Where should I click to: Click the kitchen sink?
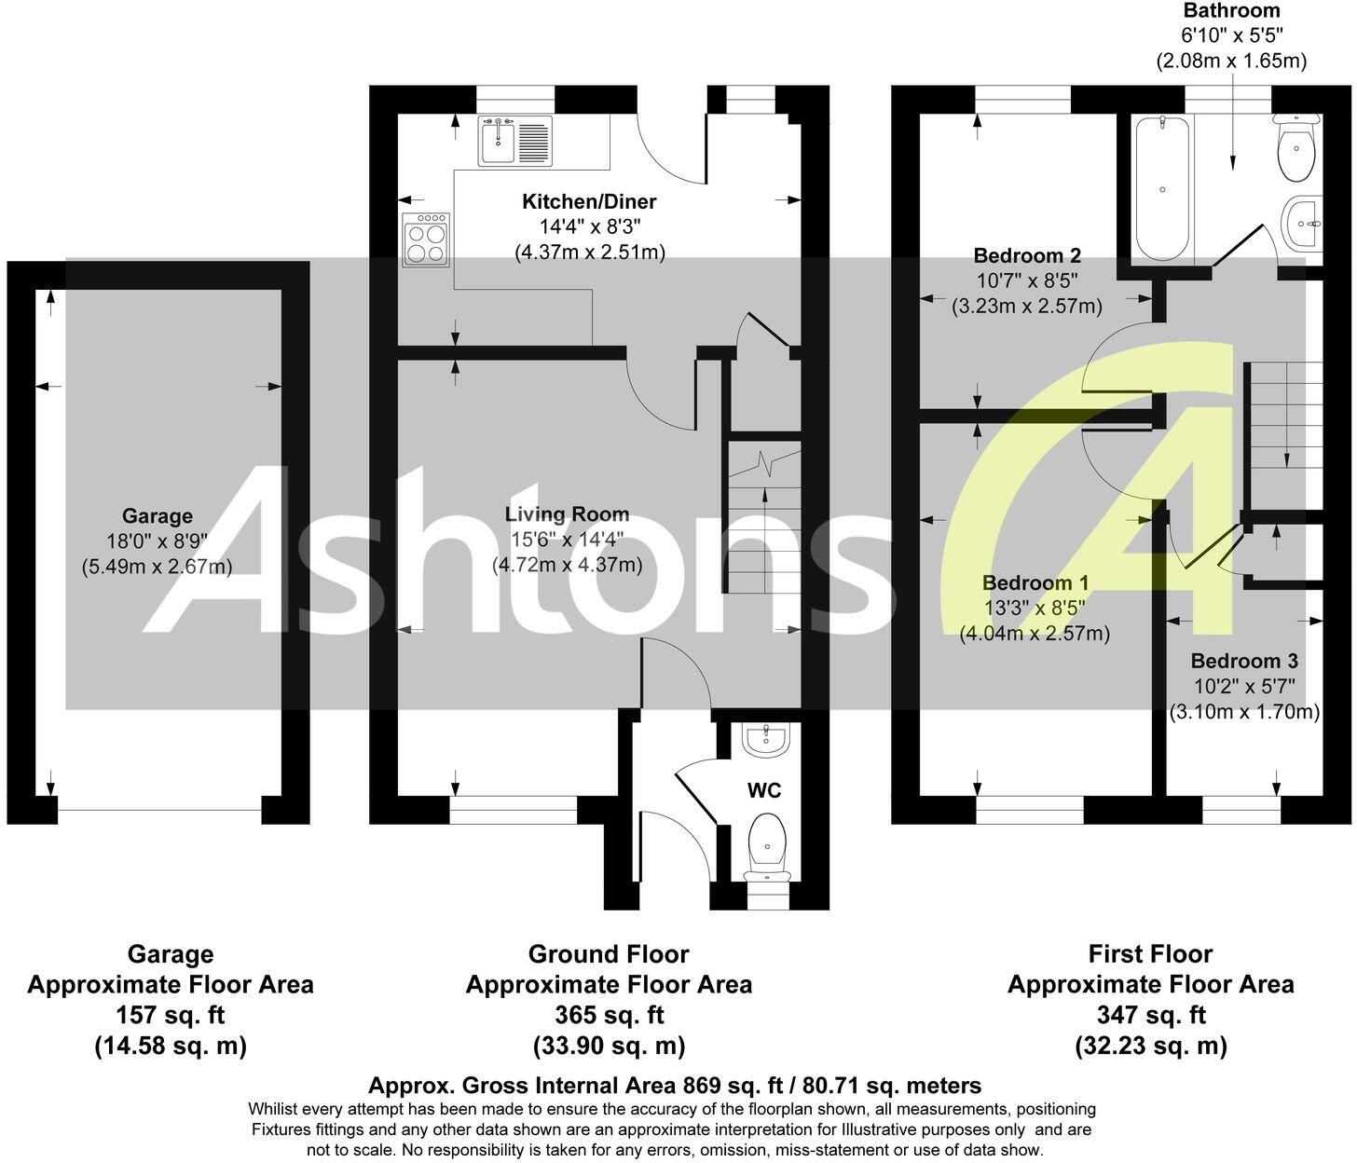tap(514, 141)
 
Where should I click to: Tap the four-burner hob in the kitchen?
tap(426, 239)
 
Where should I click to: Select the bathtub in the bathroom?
tap(1162, 189)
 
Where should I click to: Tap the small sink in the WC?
tap(766, 740)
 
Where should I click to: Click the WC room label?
tap(764, 791)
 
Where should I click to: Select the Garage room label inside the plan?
tap(157, 516)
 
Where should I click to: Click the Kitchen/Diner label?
tap(588, 202)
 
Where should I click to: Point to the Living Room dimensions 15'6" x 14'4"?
tap(567, 539)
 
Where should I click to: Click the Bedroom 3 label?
tap(1244, 662)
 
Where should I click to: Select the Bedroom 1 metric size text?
tap(1035, 635)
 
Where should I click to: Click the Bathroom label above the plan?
tap(1231, 11)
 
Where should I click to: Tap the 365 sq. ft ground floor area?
tap(609, 1015)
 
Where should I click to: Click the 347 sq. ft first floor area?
tap(1150, 1015)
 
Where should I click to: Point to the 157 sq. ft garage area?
tap(171, 1015)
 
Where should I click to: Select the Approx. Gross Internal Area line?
tap(675, 1086)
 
